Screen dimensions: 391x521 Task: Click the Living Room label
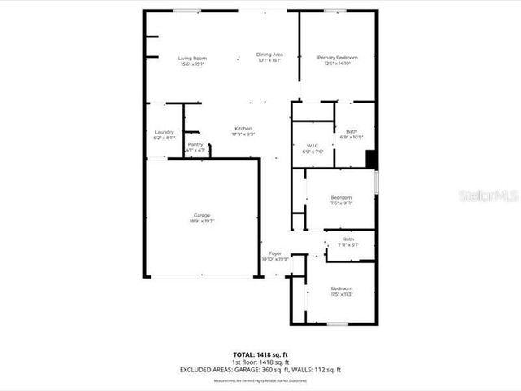tap(193, 58)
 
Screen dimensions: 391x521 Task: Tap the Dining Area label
tap(269, 54)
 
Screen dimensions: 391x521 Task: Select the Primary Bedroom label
tap(337, 58)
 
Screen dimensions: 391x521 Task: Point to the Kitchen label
tap(243, 129)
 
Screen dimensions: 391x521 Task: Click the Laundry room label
tap(164, 132)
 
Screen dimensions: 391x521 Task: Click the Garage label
tap(202, 215)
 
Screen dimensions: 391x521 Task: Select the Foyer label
tap(275, 254)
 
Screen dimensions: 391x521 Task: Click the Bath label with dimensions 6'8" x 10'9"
tap(351, 131)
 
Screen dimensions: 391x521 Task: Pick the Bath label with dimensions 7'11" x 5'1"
tap(348, 239)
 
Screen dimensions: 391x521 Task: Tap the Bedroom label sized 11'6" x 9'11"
tap(340, 198)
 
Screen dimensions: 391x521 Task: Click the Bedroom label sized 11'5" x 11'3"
tap(341, 289)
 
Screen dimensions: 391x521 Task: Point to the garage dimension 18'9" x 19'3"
tap(202, 221)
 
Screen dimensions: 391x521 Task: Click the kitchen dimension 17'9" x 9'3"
tap(243, 134)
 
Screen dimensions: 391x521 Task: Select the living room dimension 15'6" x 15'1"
tap(193, 64)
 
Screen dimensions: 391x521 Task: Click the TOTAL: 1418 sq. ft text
tap(260, 354)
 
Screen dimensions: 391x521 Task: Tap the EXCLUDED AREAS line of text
tap(260, 369)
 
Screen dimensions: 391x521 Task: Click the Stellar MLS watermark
tap(488, 196)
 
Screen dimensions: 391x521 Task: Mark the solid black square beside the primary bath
tap(371, 160)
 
